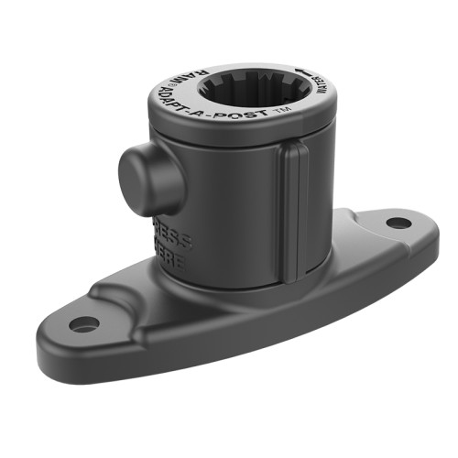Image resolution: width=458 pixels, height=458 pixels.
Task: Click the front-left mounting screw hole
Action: pos(83,323)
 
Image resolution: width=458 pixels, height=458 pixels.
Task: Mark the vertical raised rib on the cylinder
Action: pos(291,215)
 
